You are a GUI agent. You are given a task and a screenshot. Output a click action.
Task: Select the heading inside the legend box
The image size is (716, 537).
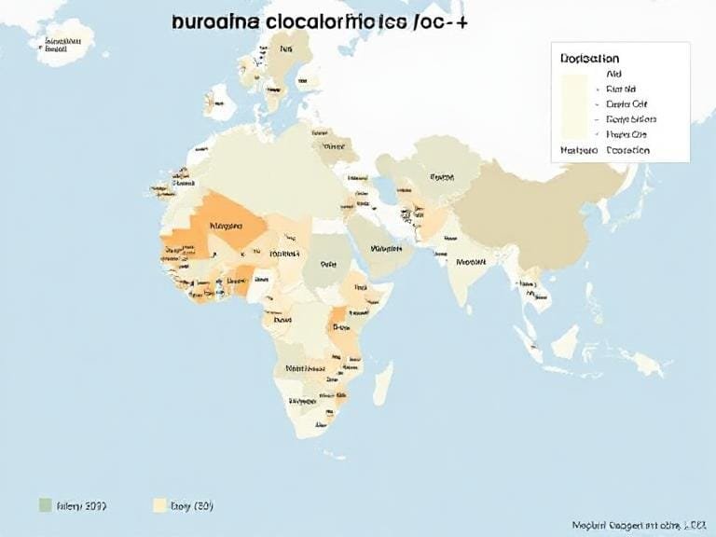[x=590, y=58]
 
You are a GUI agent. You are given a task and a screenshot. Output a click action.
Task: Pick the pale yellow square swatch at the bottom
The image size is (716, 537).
[x=159, y=505]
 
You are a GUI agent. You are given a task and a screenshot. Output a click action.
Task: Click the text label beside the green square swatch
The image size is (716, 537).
[x=81, y=506]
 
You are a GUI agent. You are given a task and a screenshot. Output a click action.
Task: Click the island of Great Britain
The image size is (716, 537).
[x=220, y=97]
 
